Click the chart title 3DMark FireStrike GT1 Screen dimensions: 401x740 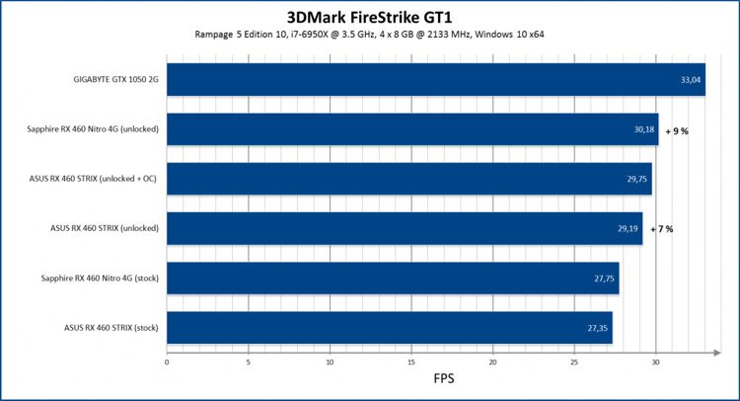(x=370, y=16)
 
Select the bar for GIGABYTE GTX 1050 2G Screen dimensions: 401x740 (x=435, y=80)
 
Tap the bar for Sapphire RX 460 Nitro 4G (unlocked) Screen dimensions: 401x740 (x=412, y=129)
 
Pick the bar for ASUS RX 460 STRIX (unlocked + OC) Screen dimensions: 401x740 (x=409, y=179)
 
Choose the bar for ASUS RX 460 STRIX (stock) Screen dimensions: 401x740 (x=390, y=327)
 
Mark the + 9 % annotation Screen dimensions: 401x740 (x=677, y=130)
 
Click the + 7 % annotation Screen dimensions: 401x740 (x=662, y=229)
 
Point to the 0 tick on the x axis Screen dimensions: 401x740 (x=168, y=362)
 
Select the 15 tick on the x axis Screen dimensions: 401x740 (x=411, y=362)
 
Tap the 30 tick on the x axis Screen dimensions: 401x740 (x=656, y=362)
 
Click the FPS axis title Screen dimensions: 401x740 (x=444, y=379)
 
